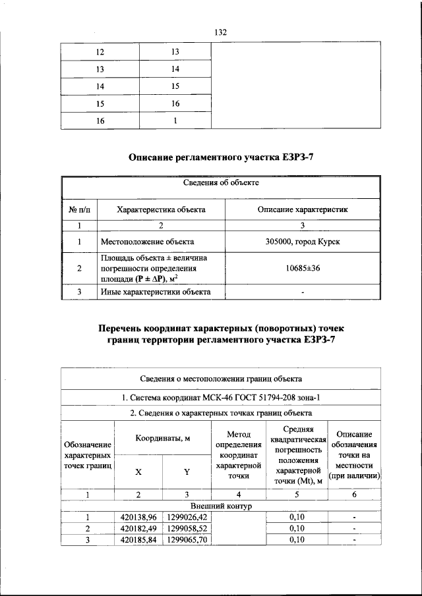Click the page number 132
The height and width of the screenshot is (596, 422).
click(x=221, y=32)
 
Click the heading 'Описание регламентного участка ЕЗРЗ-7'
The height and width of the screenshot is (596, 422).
click(x=221, y=158)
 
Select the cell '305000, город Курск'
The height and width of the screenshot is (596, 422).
click(x=303, y=242)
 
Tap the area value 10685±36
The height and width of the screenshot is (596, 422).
click(x=303, y=269)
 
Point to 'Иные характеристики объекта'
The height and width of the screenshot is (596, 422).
click(x=155, y=292)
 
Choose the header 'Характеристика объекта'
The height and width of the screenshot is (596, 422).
click(x=161, y=209)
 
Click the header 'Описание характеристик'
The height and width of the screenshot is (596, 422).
click(x=303, y=209)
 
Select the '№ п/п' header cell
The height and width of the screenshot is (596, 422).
click(x=78, y=209)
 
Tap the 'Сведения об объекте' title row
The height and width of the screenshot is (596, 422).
click(x=221, y=182)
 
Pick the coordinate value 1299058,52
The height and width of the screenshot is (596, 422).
click(x=187, y=529)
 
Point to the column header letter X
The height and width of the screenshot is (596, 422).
click(x=138, y=472)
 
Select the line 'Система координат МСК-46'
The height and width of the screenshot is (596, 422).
click(x=221, y=397)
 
